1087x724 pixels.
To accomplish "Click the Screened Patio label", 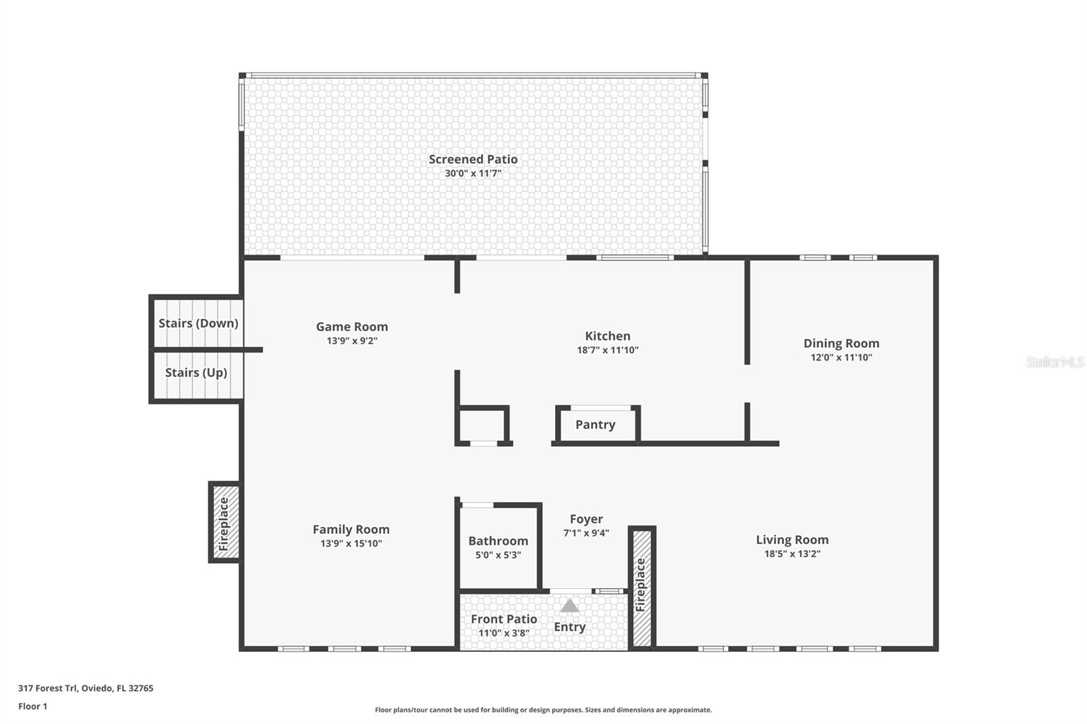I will [x=473, y=160].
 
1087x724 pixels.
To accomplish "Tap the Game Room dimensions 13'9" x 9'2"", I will [x=352, y=341].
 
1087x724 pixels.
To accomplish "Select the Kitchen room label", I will [x=607, y=336].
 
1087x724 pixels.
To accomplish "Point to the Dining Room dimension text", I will [x=841, y=357].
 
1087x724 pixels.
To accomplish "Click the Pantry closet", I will [x=596, y=425].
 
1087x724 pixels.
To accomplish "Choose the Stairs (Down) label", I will [x=198, y=323].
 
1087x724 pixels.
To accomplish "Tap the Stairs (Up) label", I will [x=196, y=373].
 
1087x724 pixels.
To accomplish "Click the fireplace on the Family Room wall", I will [x=224, y=522].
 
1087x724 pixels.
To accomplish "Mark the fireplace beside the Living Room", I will [x=641, y=585].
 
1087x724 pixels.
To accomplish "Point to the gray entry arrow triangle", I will [x=569, y=606].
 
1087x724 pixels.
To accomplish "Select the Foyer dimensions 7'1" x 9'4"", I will [x=586, y=533].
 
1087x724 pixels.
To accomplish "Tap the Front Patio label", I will [x=504, y=619].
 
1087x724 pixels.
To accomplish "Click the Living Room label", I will [x=792, y=540].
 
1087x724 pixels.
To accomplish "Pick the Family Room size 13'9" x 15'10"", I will [x=351, y=543].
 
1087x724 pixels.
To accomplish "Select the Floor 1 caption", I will [x=33, y=706].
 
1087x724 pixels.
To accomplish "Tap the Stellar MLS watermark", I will [x=1054, y=362].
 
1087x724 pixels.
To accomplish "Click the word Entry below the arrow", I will [x=569, y=627].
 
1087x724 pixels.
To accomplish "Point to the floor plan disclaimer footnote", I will [x=543, y=710].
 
